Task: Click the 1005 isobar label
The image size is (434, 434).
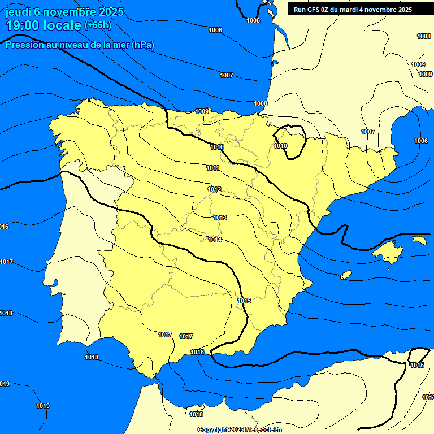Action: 253,20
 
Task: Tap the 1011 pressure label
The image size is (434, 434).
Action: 213,168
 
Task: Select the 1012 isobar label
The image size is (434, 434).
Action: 214,189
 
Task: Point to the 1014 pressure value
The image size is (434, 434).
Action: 215,240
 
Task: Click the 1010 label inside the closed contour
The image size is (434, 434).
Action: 281,146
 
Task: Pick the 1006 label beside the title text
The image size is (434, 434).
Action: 215,30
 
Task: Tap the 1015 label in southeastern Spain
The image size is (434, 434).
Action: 244,301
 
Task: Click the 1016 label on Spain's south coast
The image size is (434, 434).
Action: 197,352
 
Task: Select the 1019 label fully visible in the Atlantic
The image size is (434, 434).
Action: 43,406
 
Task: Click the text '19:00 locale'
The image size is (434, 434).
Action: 44,25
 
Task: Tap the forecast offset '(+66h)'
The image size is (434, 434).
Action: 98,25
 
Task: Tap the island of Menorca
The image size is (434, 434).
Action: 419,240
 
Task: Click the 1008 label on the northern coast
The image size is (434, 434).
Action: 261,103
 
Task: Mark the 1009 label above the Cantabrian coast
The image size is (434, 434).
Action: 202,111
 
